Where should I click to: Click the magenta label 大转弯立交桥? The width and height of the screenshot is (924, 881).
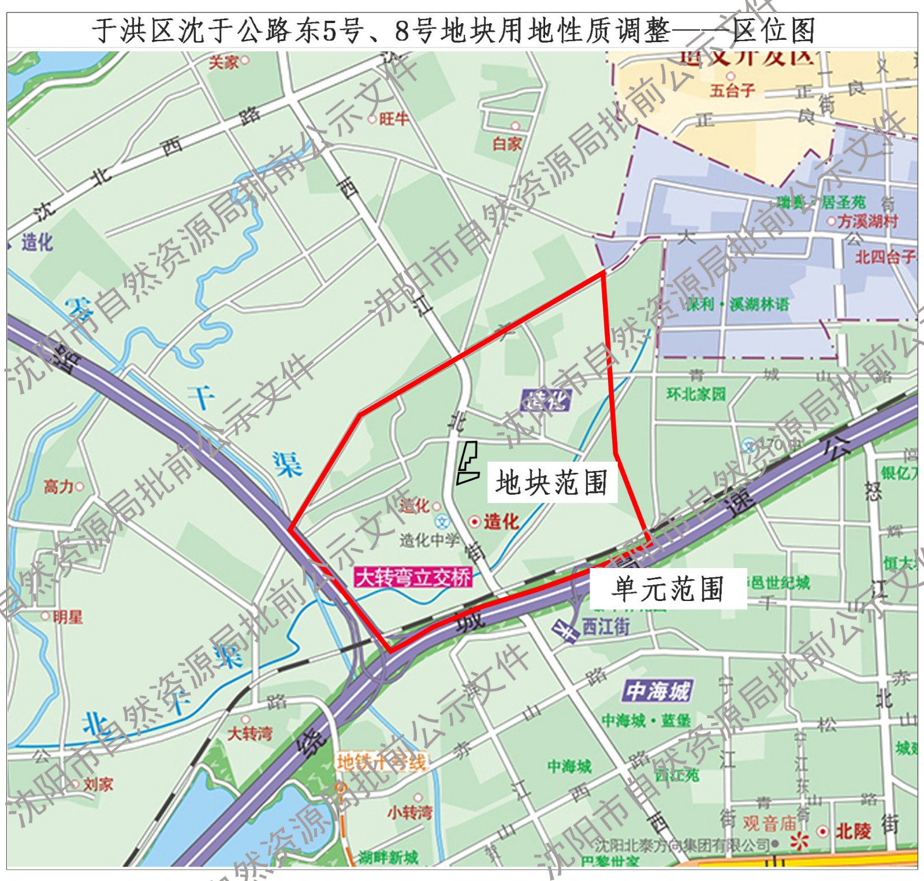[413, 577]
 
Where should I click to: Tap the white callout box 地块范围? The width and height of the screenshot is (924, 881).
[552, 483]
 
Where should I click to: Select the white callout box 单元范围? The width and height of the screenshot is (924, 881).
[668, 589]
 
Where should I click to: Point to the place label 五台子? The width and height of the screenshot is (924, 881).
[732, 90]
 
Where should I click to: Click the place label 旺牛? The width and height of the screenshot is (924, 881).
[393, 119]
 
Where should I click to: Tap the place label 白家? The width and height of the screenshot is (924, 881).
[507, 143]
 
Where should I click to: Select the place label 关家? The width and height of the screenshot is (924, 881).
[224, 62]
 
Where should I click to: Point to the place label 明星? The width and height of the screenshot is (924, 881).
[67, 617]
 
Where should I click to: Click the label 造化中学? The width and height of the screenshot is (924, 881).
[429, 540]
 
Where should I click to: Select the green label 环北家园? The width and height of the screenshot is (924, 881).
[696, 394]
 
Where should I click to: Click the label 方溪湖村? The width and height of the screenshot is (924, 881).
[867, 221]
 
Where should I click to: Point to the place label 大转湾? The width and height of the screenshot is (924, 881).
[249, 733]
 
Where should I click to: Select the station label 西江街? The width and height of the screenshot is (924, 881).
[605, 626]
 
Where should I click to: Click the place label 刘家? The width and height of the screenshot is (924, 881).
[97, 785]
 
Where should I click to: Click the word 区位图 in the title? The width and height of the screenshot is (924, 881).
[774, 31]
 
